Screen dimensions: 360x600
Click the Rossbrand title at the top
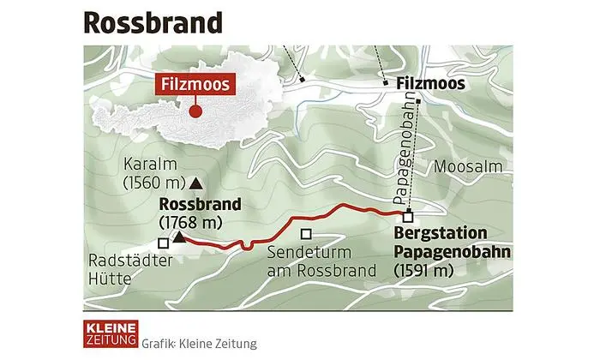(x=151, y=22)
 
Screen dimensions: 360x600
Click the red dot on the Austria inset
(x=195, y=110)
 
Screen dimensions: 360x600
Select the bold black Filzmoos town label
(x=431, y=84)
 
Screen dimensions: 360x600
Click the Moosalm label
(x=463, y=167)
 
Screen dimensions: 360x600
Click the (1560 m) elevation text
(x=154, y=183)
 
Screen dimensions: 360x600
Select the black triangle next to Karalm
(x=195, y=182)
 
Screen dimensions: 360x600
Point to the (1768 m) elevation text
(x=191, y=222)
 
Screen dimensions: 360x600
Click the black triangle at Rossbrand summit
(x=179, y=237)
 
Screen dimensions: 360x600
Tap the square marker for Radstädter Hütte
(x=164, y=243)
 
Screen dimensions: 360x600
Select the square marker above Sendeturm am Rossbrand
(x=305, y=234)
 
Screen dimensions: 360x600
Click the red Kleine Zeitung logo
(x=110, y=334)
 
